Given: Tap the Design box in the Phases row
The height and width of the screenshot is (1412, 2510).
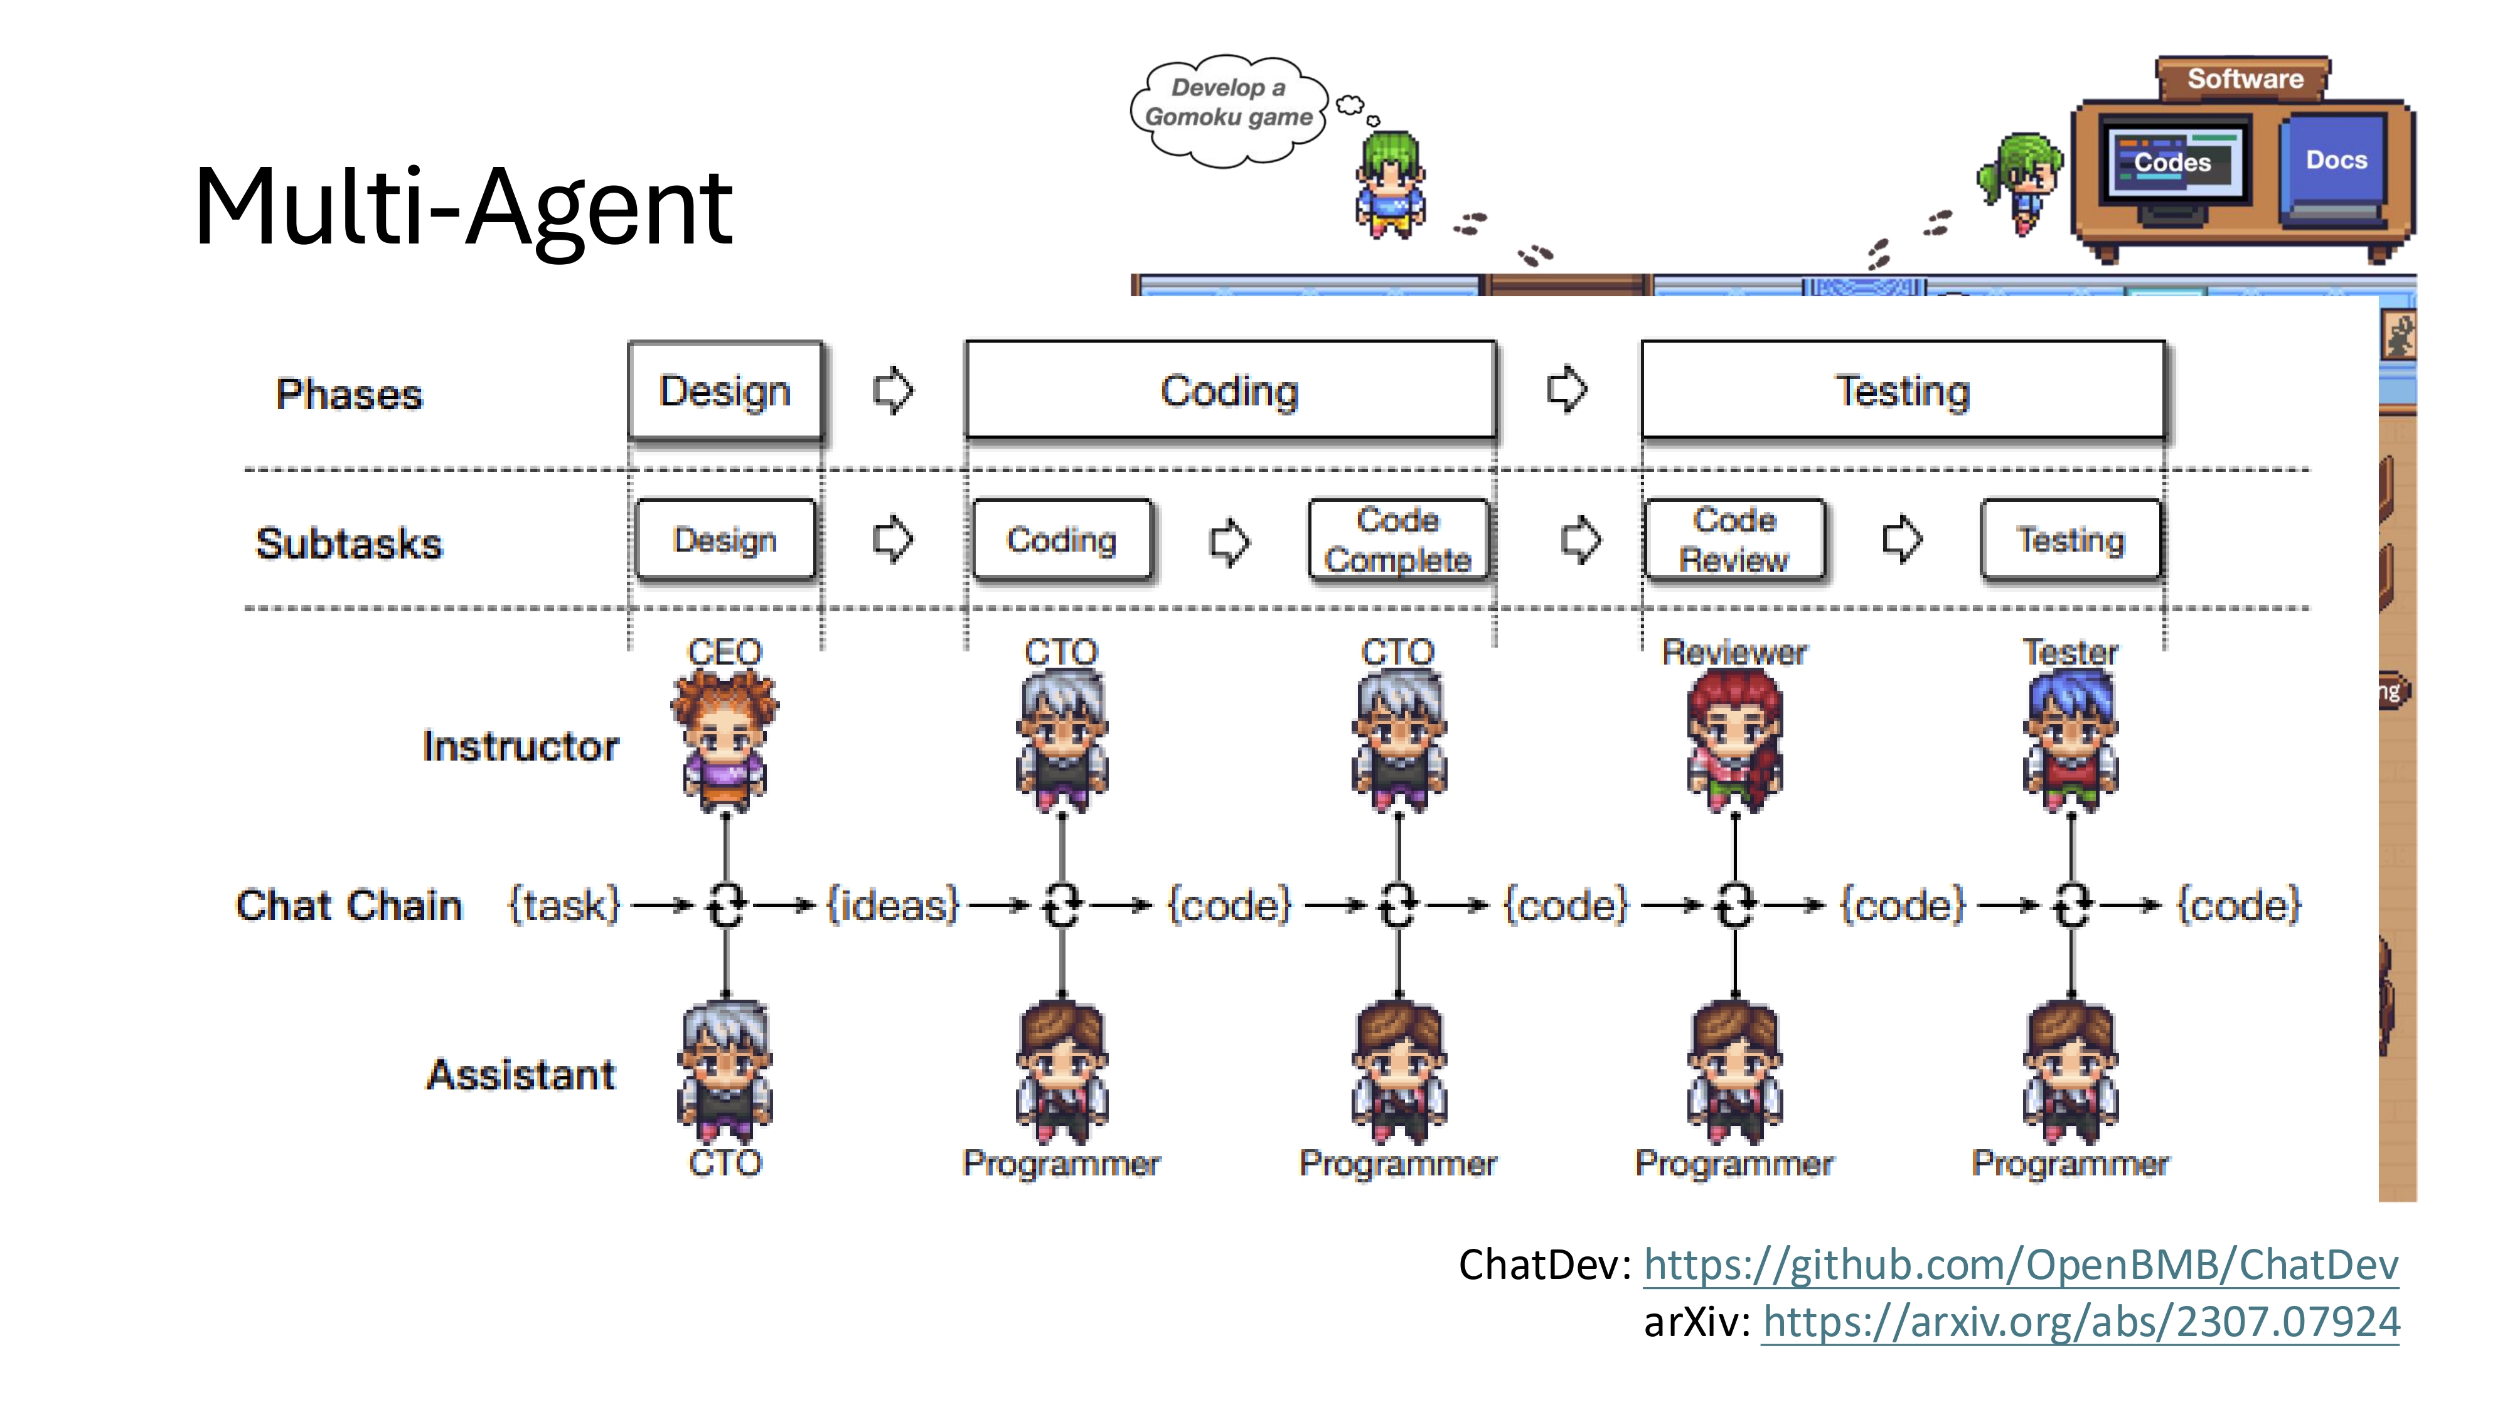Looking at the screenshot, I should [x=725, y=391].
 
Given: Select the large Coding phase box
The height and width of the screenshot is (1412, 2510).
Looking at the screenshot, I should [x=1230, y=391].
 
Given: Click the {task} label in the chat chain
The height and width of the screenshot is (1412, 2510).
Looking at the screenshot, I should [x=564, y=906].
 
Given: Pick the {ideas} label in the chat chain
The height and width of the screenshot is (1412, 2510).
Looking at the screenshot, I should [x=892, y=906].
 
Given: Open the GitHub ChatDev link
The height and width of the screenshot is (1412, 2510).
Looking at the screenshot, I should [x=2021, y=1265].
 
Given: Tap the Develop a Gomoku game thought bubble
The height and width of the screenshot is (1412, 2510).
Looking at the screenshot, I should [x=1228, y=104].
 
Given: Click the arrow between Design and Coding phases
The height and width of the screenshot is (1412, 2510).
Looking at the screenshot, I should [x=892, y=391].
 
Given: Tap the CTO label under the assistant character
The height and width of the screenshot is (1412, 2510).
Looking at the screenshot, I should [x=725, y=1162].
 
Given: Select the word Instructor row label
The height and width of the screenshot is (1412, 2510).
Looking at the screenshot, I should [x=520, y=746].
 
